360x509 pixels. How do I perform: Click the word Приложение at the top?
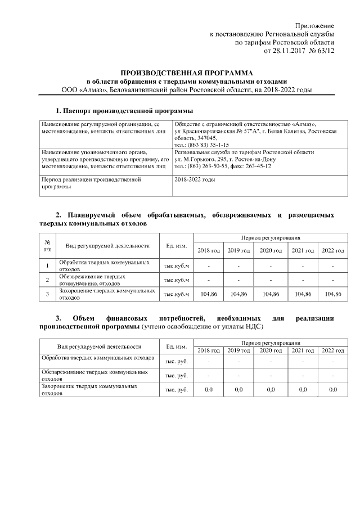[316, 26]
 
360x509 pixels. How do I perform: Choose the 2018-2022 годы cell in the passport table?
[195, 180]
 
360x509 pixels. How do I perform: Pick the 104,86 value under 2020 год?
[271, 294]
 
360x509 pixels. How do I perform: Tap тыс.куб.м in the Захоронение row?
[177, 294]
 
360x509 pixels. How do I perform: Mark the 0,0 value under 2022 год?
[333, 389]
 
